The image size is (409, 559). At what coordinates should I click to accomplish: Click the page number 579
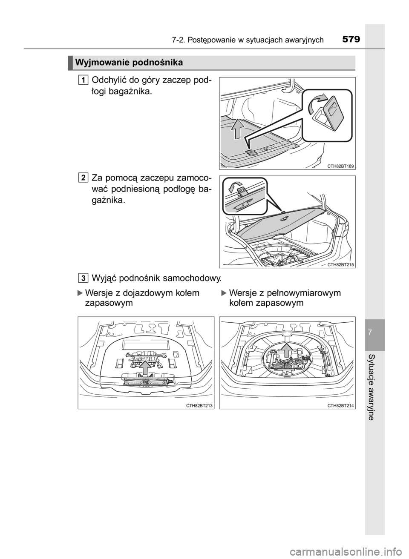click(x=351, y=40)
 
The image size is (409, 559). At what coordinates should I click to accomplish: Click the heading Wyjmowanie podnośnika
click(x=129, y=63)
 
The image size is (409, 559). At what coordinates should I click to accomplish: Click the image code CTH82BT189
click(x=340, y=166)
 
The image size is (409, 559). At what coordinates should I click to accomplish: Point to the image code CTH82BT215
click(x=340, y=264)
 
